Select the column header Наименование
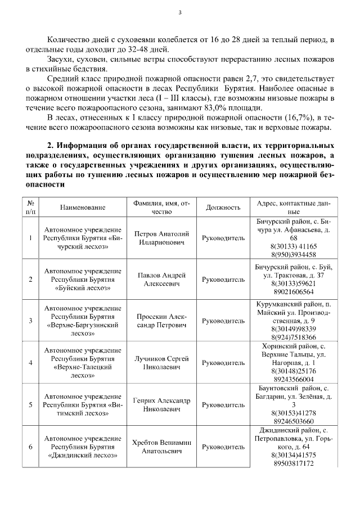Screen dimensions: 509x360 (x=83, y=208)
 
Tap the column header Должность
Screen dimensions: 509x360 (x=223, y=208)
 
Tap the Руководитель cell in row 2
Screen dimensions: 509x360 (x=223, y=280)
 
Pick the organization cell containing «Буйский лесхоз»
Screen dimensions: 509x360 (x=83, y=280)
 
